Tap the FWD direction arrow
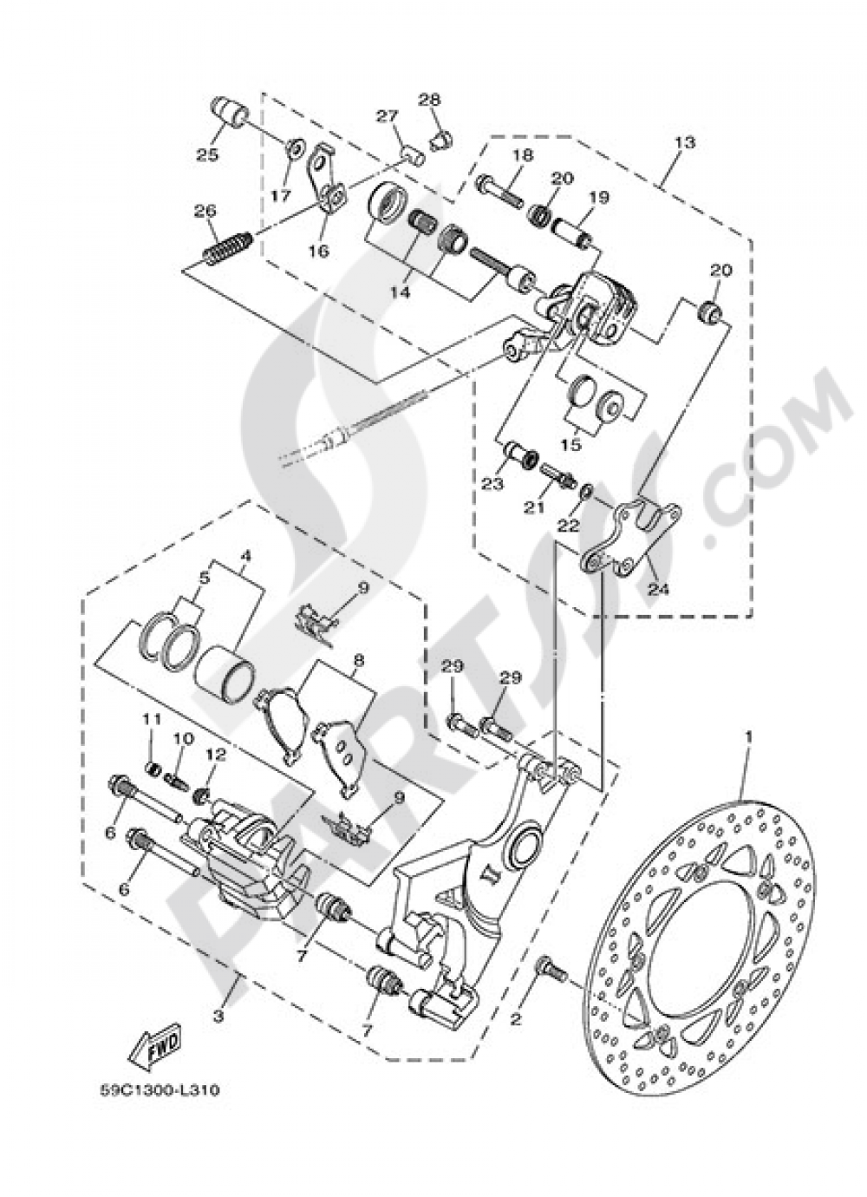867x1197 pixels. pyautogui.click(x=154, y=1051)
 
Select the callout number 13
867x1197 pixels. pyautogui.click(x=684, y=142)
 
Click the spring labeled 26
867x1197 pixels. pyautogui.click(x=228, y=245)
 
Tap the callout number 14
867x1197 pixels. pyautogui.click(x=399, y=292)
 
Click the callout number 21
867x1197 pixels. pyautogui.click(x=536, y=506)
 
